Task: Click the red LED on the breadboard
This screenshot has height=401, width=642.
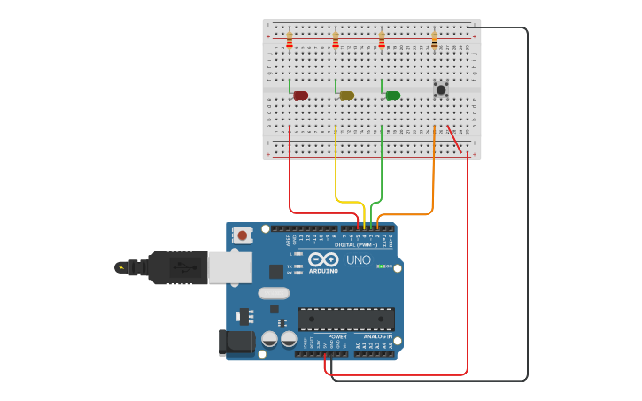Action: pos(300,96)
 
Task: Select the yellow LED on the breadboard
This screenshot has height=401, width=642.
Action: pos(346,96)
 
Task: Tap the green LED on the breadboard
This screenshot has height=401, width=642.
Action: pos(392,96)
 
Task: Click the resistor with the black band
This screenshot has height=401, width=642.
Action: pos(434,40)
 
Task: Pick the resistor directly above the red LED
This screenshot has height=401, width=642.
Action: pos(290,40)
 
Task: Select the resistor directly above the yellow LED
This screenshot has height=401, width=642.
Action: pos(336,40)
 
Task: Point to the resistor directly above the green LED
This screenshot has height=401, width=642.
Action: pos(382,40)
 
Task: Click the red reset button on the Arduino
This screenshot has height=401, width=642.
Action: pos(242,235)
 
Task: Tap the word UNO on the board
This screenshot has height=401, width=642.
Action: pos(358,260)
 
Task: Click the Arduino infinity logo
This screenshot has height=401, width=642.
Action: pos(323,260)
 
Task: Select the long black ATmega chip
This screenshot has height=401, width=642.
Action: pos(345,319)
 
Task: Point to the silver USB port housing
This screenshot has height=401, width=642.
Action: pos(229,267)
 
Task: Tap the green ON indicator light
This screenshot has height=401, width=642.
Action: pos(381,266)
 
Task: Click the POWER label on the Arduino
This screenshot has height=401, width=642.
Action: pos(337,336)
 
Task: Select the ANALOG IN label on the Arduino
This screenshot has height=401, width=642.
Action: pos(377,336)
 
